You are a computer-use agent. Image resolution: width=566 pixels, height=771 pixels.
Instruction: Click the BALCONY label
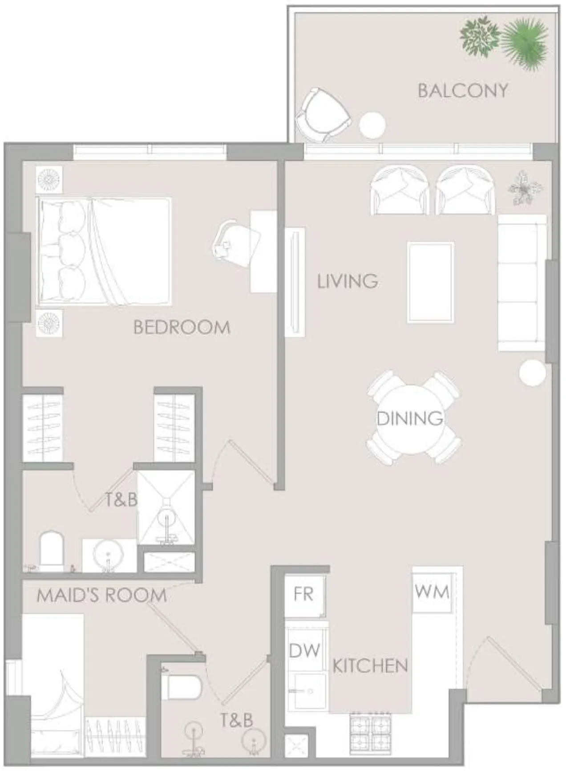(462, 91)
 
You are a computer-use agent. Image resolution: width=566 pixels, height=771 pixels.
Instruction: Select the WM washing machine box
(432, 592)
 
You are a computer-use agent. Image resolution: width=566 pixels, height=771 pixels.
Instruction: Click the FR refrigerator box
(304, 595)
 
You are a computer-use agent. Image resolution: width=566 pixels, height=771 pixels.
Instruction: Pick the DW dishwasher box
(304, 651)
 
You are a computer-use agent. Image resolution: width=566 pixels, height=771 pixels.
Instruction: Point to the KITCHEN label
(370, 666)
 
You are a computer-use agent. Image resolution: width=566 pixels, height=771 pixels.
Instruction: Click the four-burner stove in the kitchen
(370, 732)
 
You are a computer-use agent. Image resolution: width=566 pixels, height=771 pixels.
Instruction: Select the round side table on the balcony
(372, 126)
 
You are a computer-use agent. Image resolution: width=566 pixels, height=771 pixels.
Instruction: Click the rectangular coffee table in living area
(431, 282)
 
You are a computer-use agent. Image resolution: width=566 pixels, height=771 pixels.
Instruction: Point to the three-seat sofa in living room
(522, 283)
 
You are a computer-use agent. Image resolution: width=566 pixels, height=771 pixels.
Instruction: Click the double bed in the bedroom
(105, 252)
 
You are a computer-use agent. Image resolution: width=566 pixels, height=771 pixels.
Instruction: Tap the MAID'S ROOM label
(101, 596)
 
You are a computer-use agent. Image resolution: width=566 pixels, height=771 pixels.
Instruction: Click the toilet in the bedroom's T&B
(52, 550)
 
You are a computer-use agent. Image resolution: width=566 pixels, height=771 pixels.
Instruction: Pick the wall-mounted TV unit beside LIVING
(295, 282)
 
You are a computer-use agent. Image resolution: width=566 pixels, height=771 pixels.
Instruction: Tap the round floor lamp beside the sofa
(532, 373)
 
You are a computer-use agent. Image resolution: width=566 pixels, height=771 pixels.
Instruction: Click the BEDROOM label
(182, 328)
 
